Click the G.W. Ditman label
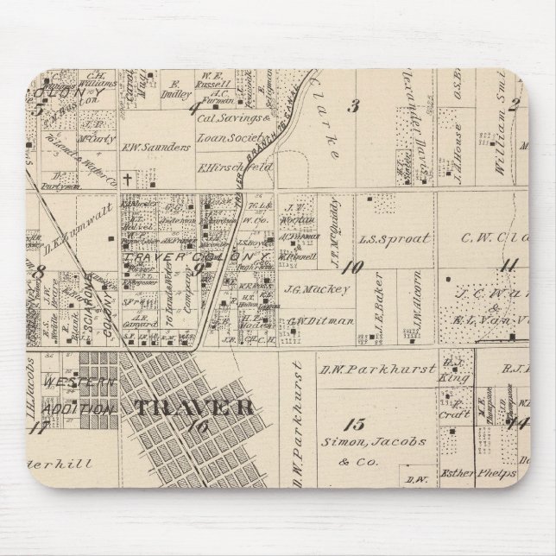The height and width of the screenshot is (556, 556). pos(309,320)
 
